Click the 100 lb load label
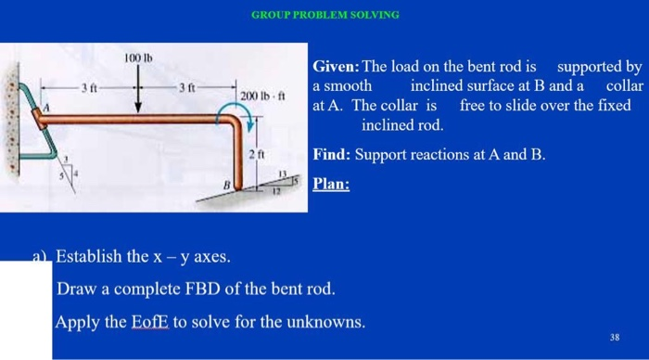coord(137,58)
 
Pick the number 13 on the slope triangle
coord(284,174)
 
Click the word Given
coord(336,68)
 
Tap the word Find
coord(330,154)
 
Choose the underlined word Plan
coord(331,183)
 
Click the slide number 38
coord(615,336)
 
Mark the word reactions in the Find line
coord(444,154)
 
